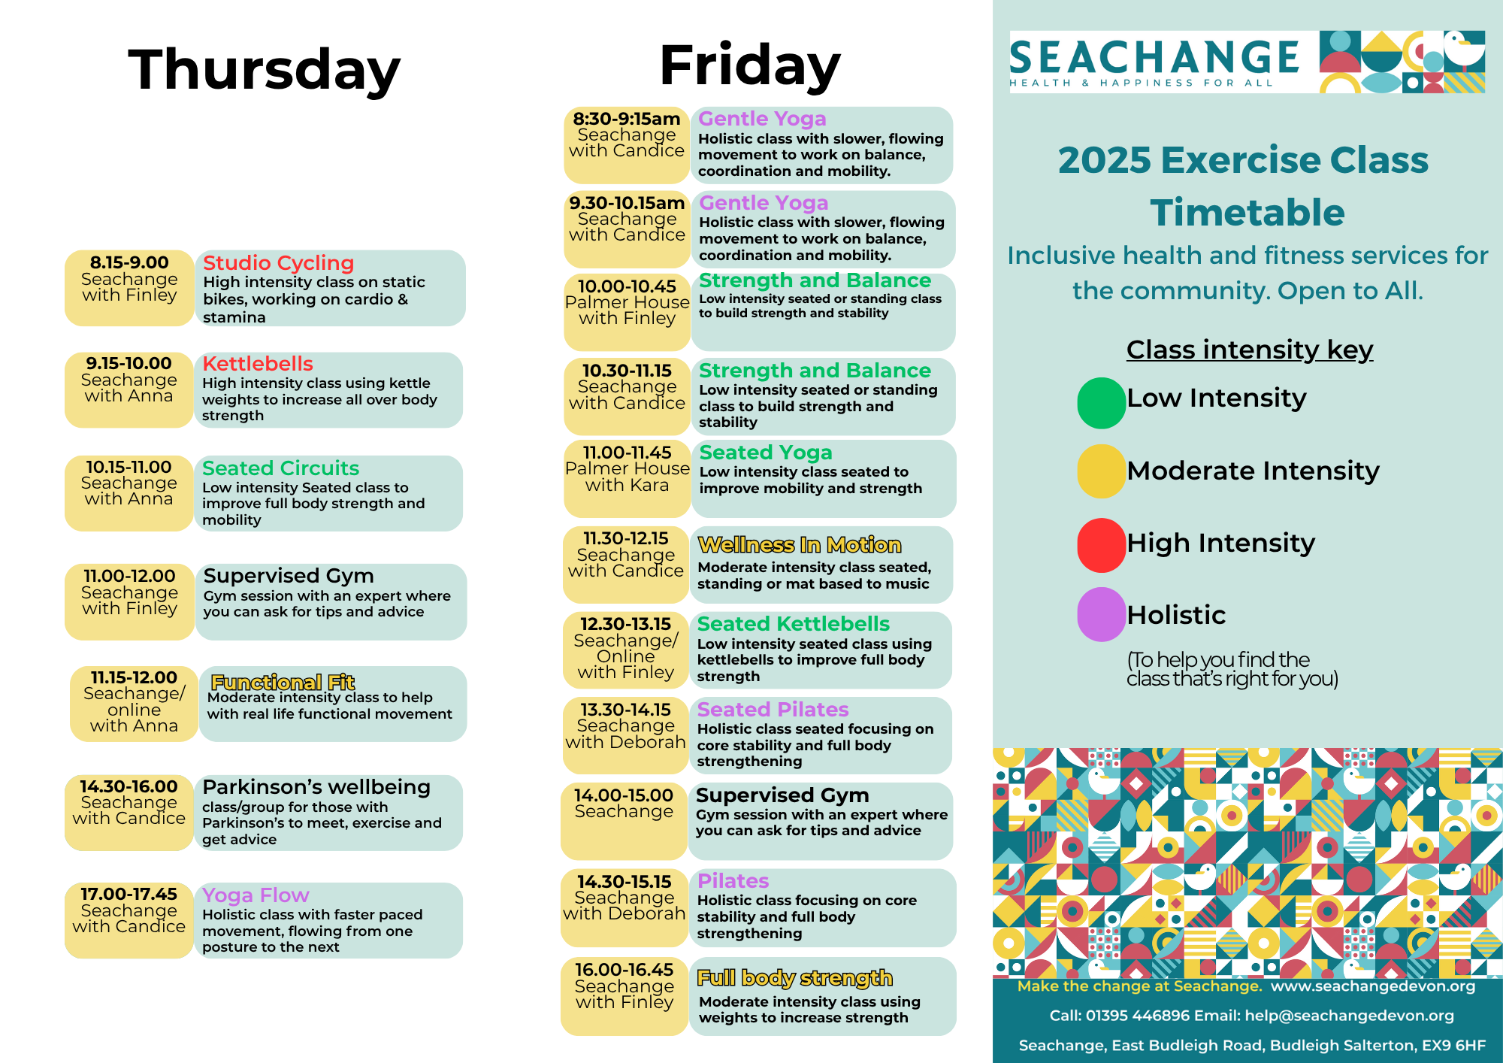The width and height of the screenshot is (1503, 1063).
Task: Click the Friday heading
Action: click(749, 65)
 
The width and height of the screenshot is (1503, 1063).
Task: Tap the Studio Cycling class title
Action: click(278, 262)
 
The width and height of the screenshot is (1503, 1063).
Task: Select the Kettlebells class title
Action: click(257, 363)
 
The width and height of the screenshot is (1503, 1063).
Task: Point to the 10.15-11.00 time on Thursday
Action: click(129, 467)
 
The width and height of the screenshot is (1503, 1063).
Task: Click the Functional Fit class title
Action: click(283, 682)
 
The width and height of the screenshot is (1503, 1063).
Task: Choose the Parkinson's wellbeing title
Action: click(316, 786)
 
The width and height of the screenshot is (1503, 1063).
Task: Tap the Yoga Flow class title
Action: click(256, 895)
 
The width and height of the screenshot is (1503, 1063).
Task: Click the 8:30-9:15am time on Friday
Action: click(626, 119)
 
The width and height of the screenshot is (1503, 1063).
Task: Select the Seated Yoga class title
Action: click(766, 452)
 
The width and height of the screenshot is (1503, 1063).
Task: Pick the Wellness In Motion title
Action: click(800, 544)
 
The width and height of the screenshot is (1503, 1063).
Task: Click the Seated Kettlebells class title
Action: click(793, 623)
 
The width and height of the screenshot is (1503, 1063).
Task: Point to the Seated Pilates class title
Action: click(773, 709)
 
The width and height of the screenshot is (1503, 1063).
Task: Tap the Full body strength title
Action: click(794, 977)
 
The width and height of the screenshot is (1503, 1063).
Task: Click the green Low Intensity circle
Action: click(1101, 403)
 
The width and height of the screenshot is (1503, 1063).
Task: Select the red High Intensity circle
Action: click(1101, 545)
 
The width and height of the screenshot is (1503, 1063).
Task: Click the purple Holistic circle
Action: click(1101, 614)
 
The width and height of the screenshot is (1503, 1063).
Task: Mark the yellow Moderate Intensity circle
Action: click(1101, 471)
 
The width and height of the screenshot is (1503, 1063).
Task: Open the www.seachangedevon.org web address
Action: click(1373, 986)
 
